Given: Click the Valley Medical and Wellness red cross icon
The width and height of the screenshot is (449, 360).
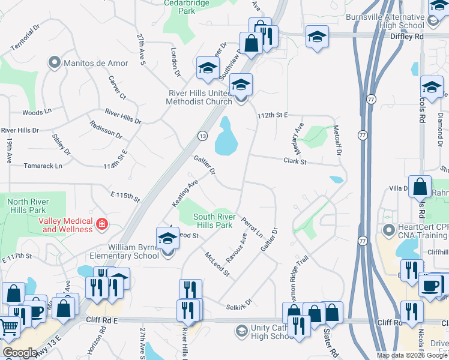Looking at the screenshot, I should [x=102, y=224].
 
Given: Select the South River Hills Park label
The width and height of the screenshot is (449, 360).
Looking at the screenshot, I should [x=212, y=221].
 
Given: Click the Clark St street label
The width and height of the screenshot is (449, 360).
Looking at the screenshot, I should [x=295, y=161].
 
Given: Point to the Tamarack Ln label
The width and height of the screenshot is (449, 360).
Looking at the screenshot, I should [x=42, y=166].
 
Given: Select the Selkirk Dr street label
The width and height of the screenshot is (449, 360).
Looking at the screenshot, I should [x=239, y=307].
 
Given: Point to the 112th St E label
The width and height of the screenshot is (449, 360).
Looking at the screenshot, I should [x=273, y=114].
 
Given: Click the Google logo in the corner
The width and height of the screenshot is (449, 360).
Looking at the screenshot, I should [x=19, y=353].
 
